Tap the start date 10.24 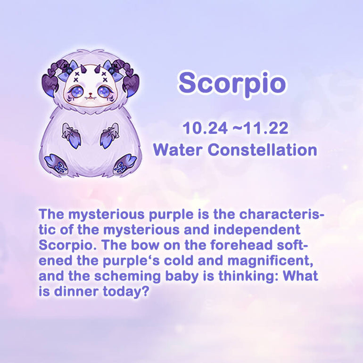click(205, 128)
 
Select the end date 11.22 click(266, 128)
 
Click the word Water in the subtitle click(178, 150)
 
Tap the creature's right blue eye click(104, 91)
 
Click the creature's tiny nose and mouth click(91, 96)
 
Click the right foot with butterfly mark click(125, 165)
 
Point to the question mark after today click(144, 291)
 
